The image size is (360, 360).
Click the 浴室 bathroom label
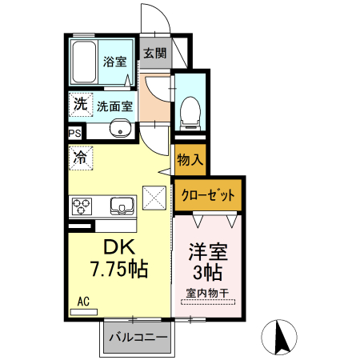point(114,62)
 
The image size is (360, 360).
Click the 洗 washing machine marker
point(79,104)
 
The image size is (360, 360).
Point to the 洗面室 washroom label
point(114,105)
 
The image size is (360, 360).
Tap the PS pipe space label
point(74,134)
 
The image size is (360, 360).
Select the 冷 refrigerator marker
point(79,158)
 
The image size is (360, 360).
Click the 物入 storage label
point(189,160)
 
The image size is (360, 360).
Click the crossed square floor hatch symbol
point(153,196)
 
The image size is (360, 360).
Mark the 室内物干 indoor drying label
point(207,294)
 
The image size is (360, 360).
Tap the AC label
point(82,302)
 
